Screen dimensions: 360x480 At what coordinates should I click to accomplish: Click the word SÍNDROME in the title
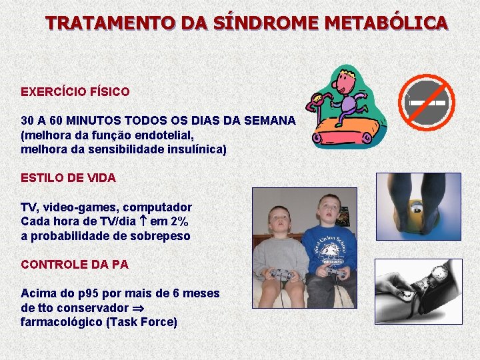[265, 23]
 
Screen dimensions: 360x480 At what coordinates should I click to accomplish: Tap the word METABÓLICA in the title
[387, 23]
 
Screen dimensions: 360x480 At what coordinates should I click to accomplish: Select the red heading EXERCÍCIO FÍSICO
[75, 91]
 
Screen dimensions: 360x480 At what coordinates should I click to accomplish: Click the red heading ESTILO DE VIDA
[69, 178]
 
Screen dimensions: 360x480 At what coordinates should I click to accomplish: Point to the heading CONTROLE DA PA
[75, 264]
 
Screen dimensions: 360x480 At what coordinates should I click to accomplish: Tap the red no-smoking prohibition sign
[427, 101]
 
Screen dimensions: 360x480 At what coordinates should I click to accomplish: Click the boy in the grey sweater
[281, 257]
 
